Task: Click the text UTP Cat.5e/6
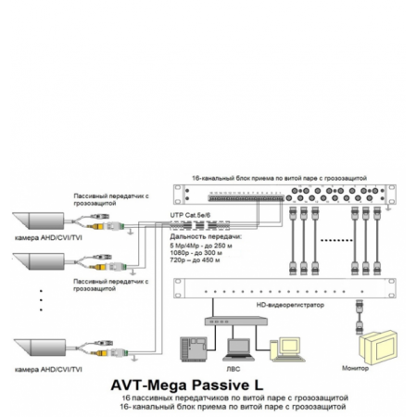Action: click(x=190, y=214)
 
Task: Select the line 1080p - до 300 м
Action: click(x=197, y=251)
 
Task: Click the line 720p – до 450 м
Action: click(x=197, y=259)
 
